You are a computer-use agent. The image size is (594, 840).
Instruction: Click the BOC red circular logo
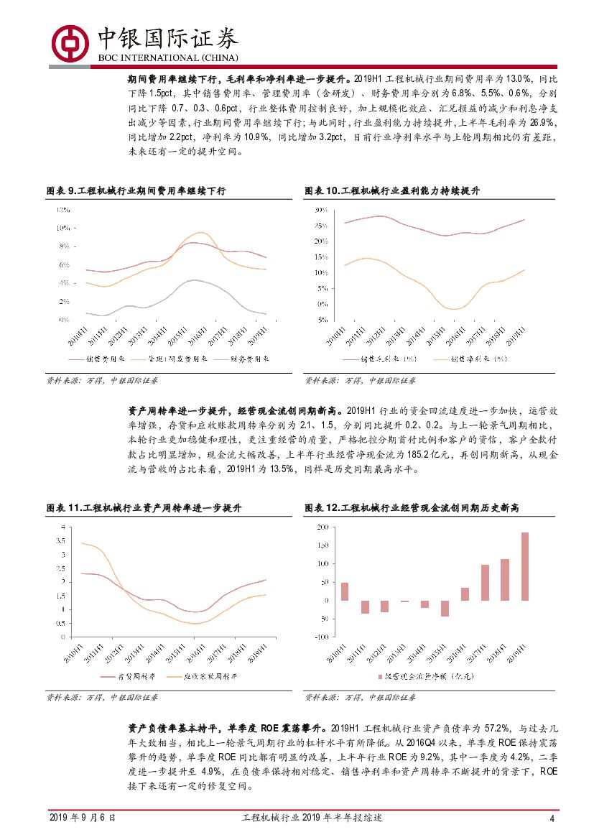(70, 42)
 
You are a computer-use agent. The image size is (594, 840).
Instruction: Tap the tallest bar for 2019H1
(524, 566)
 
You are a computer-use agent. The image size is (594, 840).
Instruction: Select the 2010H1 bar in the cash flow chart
(345, 591)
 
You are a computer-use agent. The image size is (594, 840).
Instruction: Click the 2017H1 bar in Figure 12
(485, 582)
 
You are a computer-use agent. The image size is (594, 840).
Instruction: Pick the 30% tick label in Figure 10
(320, 210)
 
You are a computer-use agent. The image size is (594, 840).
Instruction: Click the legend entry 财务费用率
(250, 359)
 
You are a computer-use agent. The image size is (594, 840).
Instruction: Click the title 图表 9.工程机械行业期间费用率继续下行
(136, 190)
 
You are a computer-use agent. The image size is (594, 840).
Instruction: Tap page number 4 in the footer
(552, 818)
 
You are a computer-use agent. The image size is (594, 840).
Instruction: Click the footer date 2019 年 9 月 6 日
(82, 818)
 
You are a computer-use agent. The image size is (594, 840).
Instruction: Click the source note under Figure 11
(102, 697)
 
